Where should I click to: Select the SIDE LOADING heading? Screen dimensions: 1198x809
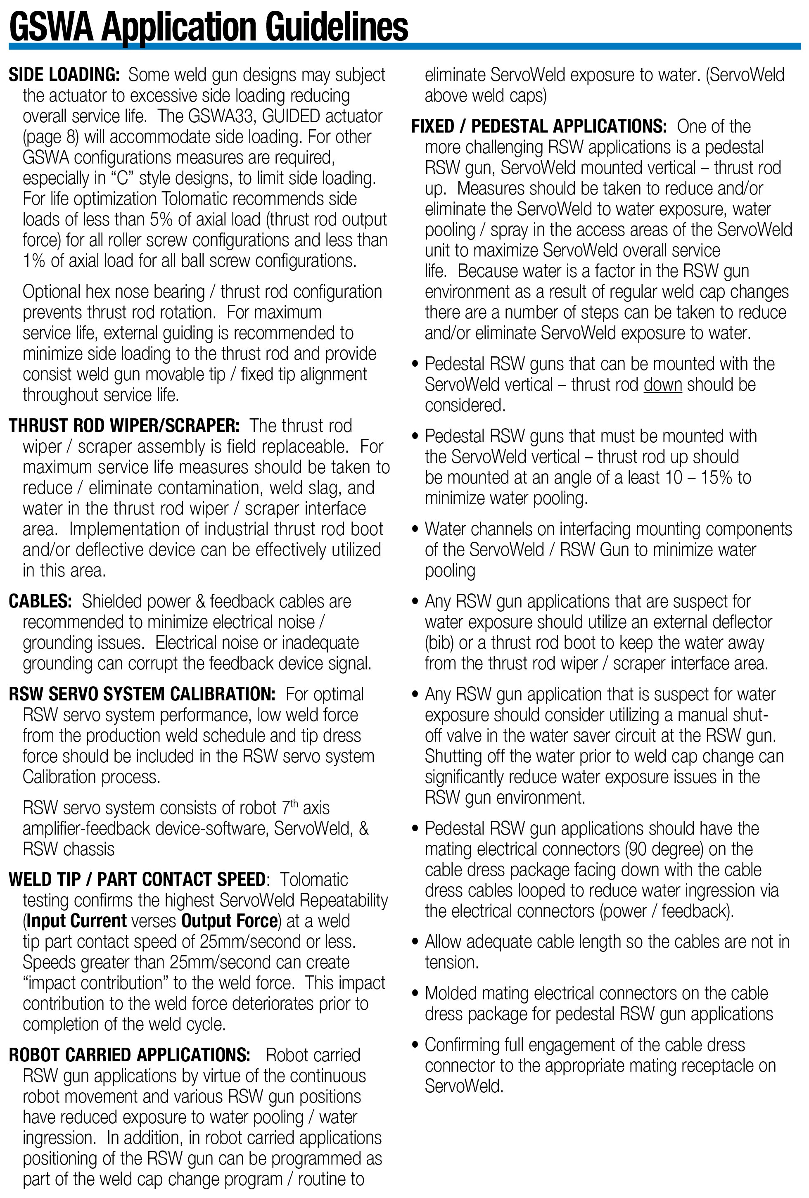coord(64,75)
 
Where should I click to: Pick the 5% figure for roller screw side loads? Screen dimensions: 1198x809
coord(161,220)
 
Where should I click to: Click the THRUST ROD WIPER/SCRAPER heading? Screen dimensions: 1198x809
coord(124,426)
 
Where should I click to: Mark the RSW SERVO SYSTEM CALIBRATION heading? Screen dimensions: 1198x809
coord(142,694)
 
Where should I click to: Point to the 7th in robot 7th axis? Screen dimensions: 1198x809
coord(290,807)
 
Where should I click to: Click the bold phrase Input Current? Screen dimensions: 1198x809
coord(77,920)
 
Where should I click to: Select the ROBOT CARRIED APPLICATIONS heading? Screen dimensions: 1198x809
coord(129,1055)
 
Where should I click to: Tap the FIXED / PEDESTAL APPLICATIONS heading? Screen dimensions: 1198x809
coord(539,127)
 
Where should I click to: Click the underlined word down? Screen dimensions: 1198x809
coord(662,384)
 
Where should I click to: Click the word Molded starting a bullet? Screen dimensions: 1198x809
coord(453,993)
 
